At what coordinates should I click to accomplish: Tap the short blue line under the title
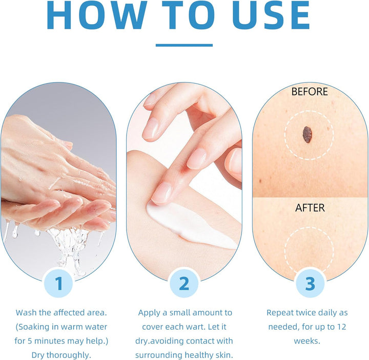pyautogui.click(x=184, y=45)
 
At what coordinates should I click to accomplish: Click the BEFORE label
pyautogui.click(x=309, y=92)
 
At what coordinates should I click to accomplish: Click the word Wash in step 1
pyautogui.click(x=26, y=312)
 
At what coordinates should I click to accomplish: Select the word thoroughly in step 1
pyautogui.click(x=70, y=355)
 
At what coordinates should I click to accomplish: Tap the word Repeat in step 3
pyautogui.click(x=280, y=312)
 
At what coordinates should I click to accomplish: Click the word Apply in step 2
pyautogui.click(x=149, y=312)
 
